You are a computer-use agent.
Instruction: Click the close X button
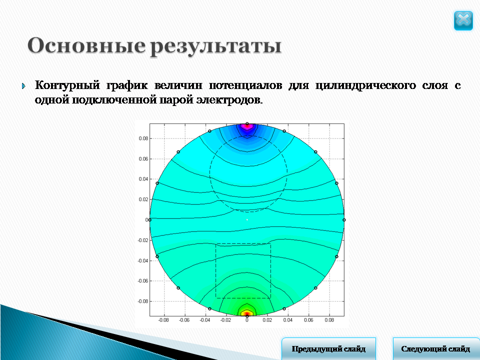(x=463, y=21)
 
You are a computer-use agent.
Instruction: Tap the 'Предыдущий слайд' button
(x=328, y=348)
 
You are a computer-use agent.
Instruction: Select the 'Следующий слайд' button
(x=436, y=348)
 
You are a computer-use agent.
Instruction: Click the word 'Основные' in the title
(x=86, y=45)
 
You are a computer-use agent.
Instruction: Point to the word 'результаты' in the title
(x=215, y=46)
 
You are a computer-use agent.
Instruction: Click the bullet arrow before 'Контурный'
(x=24, y=86)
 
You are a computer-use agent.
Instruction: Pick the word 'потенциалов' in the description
(x=245, y=85)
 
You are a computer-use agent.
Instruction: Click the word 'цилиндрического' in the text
(x=365, y=85)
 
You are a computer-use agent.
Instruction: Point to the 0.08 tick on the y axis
(x=143, y=138)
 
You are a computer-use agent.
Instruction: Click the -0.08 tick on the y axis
(x=142, y=301)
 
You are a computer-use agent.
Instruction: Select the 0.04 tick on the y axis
(x=143, y=179)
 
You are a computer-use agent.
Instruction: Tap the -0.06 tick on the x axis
(x=184, y=320)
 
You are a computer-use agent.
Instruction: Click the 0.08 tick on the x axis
(x=329, y=320)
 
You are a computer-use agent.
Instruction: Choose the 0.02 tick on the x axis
(x=267, y=320)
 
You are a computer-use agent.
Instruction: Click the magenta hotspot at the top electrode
(x=247, y=126)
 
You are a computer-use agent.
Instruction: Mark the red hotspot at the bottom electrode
(x=247, y=313)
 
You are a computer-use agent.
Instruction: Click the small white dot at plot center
(x=247, y=220)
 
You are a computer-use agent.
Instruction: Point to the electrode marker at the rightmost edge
(x=344, y=220)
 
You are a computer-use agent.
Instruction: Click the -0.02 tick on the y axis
(x=142, y=240)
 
